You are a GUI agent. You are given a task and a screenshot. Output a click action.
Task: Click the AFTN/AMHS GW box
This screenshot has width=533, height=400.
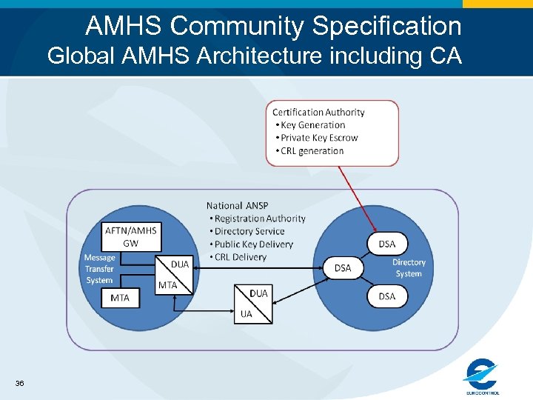(x=131, y=236)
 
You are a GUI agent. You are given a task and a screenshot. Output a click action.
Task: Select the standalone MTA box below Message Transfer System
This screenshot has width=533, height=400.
(x=119, y=298)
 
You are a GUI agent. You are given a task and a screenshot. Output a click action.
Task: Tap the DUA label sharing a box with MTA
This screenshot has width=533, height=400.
(x=180, y=264)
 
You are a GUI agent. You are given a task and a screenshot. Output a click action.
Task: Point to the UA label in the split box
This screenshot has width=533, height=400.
(x=246, y=314)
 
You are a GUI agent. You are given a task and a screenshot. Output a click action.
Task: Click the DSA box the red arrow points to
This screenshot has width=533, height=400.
(x=387, y=244)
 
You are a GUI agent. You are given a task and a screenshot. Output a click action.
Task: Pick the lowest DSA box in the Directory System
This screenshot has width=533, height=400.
(x=387, y=296)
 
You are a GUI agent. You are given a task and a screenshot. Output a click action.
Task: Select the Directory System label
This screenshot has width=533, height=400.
(x=409, y=267)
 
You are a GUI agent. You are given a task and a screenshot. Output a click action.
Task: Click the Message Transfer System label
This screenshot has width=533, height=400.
(x=99, y=269)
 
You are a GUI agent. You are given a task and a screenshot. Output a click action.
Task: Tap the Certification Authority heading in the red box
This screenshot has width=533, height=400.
(x=318, y=113)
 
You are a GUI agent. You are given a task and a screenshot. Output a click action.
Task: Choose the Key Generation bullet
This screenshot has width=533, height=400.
(x=312, y=125)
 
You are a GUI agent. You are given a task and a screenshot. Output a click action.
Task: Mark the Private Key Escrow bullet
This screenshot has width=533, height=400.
(x=319, y=138)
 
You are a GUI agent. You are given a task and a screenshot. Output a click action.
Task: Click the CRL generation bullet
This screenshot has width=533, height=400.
(x=312, y=151)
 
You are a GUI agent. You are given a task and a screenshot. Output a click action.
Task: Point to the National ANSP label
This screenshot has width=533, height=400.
(x=238, y=205)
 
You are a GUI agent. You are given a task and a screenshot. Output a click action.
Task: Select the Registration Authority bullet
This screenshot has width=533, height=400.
(x=259, y=219)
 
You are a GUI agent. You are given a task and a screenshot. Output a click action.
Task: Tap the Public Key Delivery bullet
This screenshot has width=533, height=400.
(x=253, y=244)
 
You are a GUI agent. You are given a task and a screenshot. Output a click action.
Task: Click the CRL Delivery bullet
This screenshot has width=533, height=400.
(x=240, y=257)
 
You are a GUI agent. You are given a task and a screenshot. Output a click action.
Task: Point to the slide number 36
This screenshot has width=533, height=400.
(x=19, y=383)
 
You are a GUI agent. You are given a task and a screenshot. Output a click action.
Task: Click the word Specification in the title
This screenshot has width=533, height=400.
(x=386, y=27)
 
